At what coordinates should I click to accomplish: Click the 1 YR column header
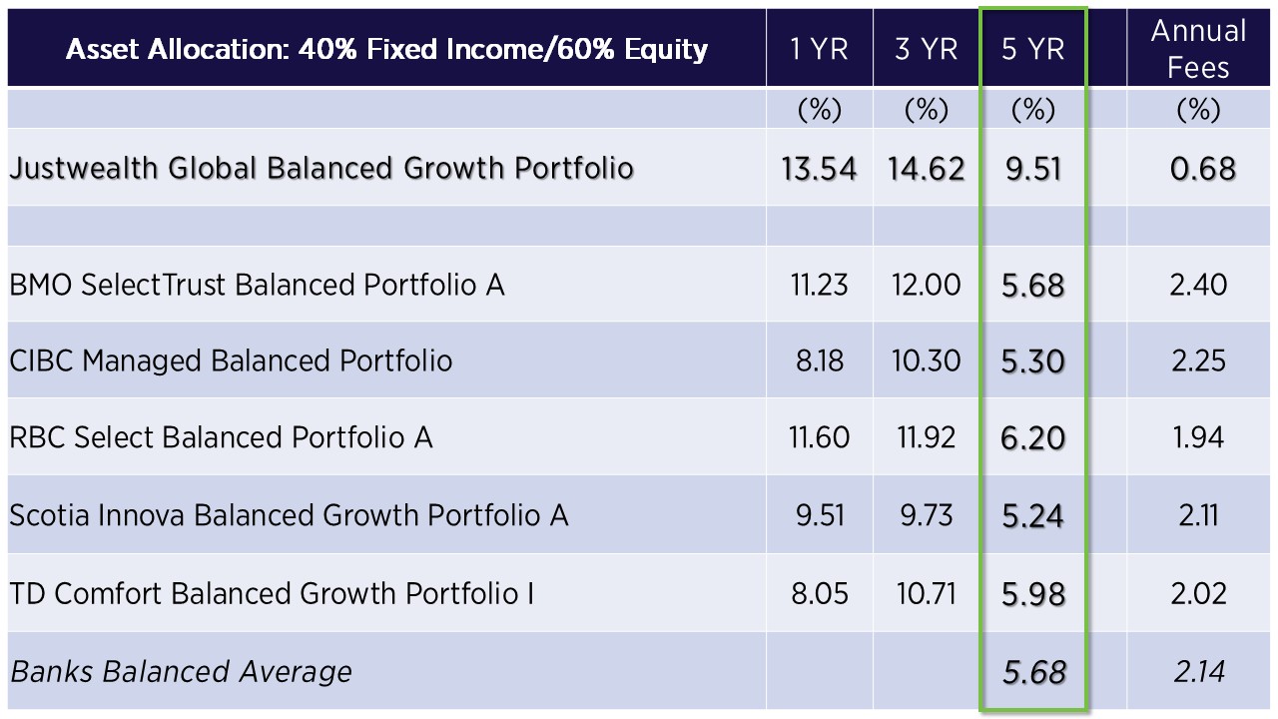[819, 49]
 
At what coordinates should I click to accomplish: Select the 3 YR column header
[926, 49]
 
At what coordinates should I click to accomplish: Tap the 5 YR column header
[1032, 49]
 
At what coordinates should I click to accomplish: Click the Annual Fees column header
[1198, 49]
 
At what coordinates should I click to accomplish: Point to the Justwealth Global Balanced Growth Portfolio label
[321, 168]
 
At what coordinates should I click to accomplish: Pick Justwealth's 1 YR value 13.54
[819, 168]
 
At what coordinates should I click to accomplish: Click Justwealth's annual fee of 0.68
[1203, 168]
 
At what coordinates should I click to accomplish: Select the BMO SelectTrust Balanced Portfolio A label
[257, 285]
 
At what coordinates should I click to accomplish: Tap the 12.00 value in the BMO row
[926, 285]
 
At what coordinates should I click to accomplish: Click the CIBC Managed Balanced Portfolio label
[231, 360]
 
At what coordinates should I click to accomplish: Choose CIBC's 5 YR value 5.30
[1032, 360]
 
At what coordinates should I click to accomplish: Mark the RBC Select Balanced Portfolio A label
[221, 437]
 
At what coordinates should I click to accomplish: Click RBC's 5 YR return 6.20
[1032, 437]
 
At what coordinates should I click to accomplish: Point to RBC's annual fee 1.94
[1198, 437]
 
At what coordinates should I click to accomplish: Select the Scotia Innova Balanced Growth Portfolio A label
[289, 515]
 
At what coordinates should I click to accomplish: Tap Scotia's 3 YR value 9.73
[926, 515]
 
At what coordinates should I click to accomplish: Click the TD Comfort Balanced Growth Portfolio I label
[272, 593]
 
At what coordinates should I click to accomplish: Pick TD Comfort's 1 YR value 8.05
[819, 593]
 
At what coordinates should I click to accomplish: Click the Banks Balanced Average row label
[181, 671]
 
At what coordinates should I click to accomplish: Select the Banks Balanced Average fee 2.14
[1198, 671]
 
